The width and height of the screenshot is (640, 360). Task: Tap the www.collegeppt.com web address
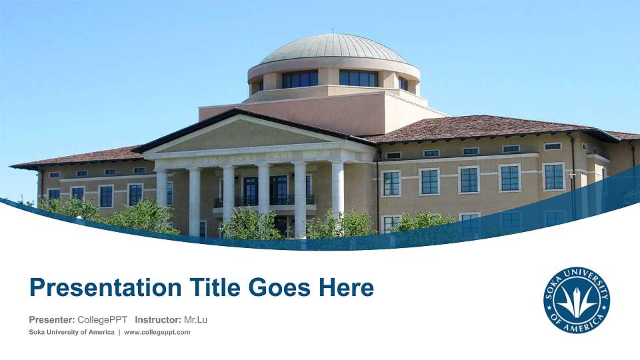[x=157, y=332]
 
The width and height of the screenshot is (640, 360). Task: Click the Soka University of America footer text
[x=71, y=332]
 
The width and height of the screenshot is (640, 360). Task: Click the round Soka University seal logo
[x=577, y=300]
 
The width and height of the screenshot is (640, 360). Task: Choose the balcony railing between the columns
[x=263, y=201]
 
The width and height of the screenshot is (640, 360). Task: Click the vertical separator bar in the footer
[x=119, y=332]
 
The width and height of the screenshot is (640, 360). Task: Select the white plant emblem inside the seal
[x=577, y=301]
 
